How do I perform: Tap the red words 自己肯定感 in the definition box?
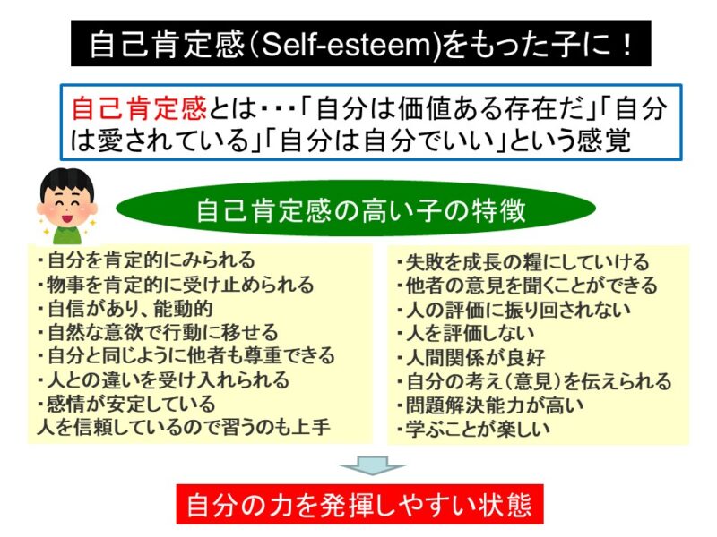point(140,108)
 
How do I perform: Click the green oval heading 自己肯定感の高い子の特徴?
point(356,209)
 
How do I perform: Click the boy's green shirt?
point(66,234)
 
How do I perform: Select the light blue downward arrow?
point(372,465)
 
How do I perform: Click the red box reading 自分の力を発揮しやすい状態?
point(360,504)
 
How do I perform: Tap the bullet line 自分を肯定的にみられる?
point(146,260)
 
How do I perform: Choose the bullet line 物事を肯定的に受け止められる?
point(176,284)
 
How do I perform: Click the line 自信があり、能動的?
point(125,308)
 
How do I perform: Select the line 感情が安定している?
point(126,404)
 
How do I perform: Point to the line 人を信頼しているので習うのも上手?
point(184,428)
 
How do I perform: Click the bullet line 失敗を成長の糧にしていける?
point(523,262)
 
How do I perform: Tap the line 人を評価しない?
point(465,333)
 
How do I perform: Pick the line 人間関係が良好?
point(471,357)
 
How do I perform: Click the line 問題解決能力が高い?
point(489,405)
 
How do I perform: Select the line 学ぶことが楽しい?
point(473,429)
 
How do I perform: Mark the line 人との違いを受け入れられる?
point(163,379)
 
